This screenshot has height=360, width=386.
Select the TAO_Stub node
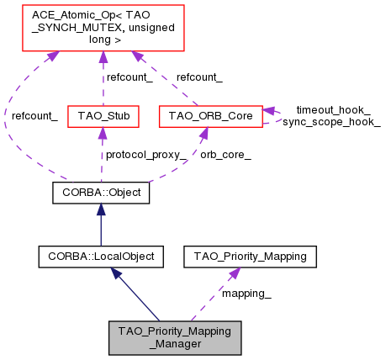coord(103,114)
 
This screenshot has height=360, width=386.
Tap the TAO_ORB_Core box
coord(211,114)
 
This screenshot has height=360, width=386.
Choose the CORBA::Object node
coord(101,193)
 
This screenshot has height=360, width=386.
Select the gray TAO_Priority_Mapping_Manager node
coord(175,336)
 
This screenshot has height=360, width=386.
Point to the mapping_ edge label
coord(246,294)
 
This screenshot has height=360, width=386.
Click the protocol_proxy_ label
coord(145,155)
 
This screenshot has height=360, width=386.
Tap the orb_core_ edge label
coord(225,155)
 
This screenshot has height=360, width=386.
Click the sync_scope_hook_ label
coord(331,121)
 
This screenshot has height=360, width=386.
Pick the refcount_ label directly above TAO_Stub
coord(128,77)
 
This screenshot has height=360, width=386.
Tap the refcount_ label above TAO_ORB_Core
coord(199,77)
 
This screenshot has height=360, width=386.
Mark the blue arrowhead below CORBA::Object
coord(101,209)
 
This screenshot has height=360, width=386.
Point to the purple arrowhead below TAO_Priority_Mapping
coord(235,273)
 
